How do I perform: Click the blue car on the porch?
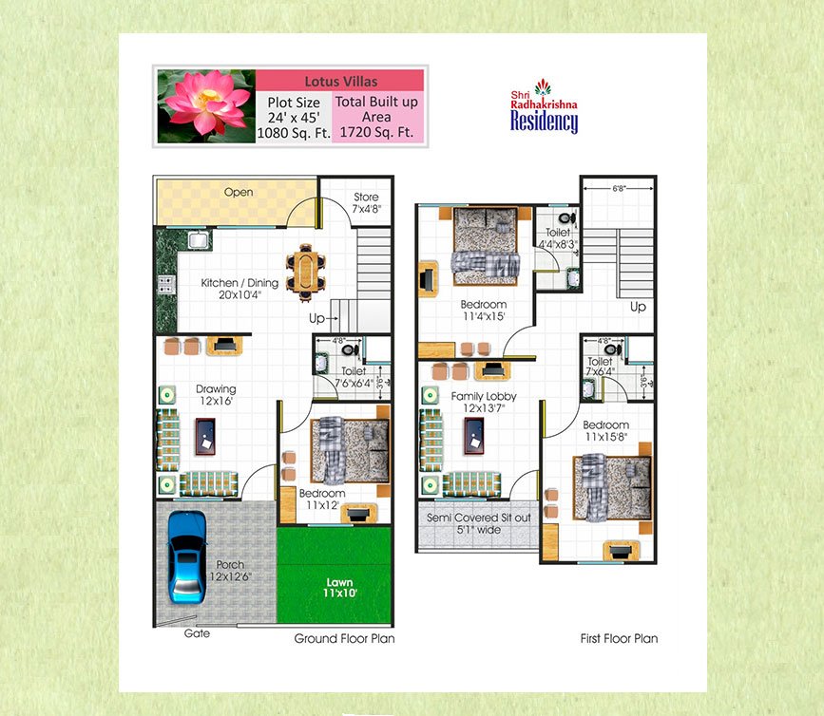186,556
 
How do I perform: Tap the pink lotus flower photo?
205,105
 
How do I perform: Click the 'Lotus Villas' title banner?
339,81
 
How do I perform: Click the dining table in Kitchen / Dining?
305,269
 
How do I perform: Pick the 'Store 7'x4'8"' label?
366,203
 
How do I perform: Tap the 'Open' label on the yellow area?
239,193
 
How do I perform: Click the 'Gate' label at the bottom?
198,633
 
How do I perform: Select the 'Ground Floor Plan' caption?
344,639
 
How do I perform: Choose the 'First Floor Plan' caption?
619,639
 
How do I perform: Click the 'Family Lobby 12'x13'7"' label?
486,403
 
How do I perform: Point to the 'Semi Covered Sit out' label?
479,524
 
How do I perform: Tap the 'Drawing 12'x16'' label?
216,395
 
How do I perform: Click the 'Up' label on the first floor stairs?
638,308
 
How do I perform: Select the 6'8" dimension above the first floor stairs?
619,189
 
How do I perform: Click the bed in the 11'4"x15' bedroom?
486,244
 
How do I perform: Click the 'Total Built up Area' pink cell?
377,117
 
